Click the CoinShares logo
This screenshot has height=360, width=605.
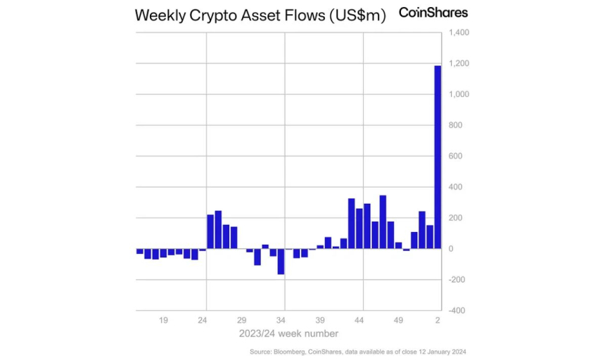pos(433,12)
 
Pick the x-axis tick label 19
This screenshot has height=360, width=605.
pos(163,321)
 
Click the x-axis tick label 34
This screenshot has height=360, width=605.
pos(281,321)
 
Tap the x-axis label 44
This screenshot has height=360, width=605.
pos(359,321)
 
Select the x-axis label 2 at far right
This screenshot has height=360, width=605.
pos(438,321)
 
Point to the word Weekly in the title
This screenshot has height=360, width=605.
pos(158,15)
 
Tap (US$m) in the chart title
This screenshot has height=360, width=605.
pos(357,16)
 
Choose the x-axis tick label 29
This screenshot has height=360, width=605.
pos(241,321)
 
